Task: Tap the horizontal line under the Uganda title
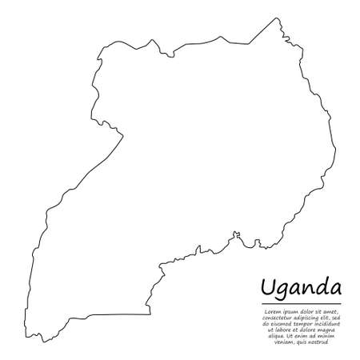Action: [301, 304]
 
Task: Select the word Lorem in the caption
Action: [269, 311]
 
